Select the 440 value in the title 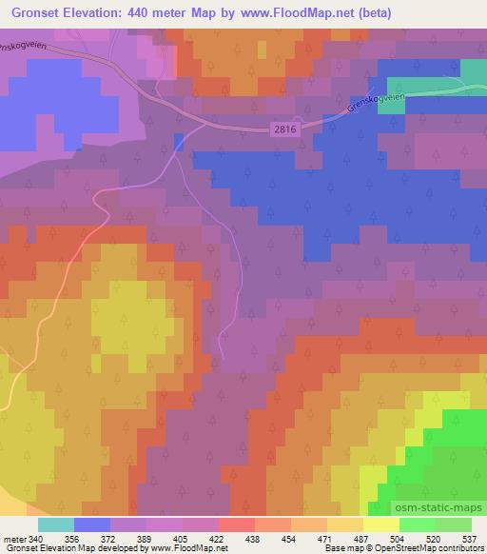[x=138, y=13]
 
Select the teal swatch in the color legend [x=56, y=525]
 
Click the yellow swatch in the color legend [x=380, y=525]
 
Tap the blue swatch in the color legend [x=92, y=525]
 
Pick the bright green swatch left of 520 [x=417, y=525]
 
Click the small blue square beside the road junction [x=179, y=141]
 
